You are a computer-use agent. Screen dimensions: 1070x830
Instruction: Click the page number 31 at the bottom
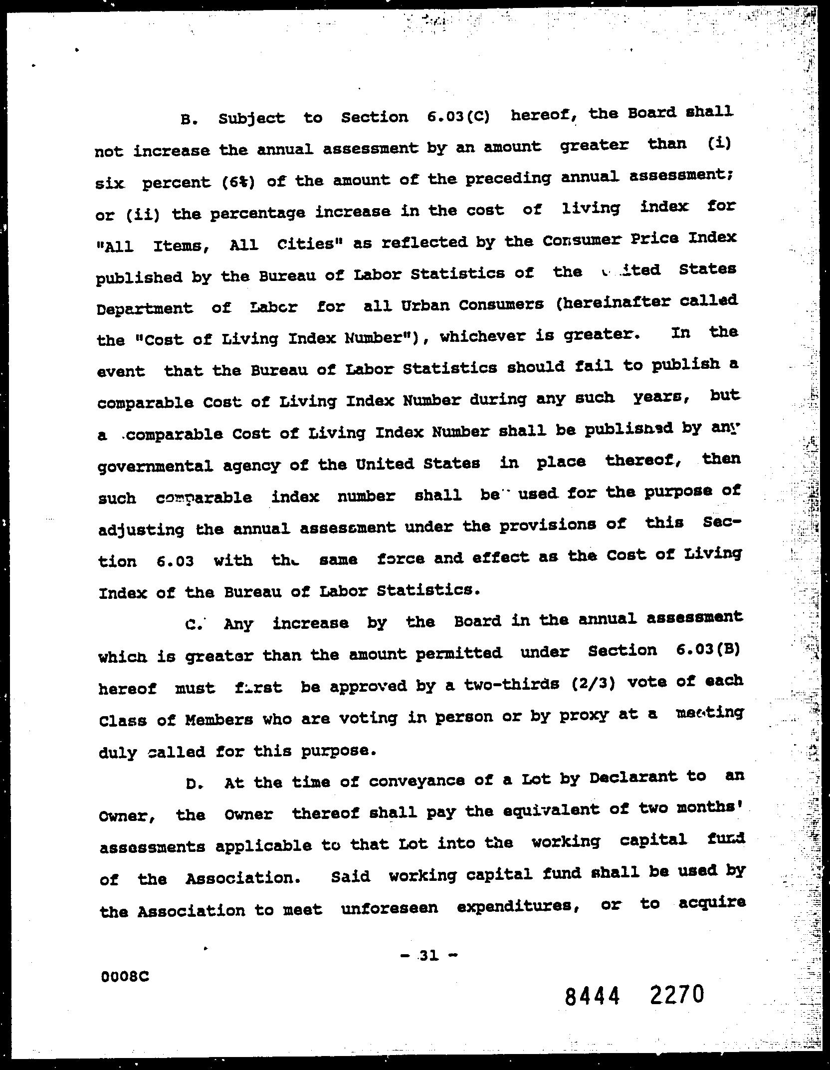tap(428, 955)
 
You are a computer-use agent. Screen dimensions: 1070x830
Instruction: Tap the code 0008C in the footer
tap(125, 976)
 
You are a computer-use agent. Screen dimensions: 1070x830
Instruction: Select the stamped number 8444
tap(593, 998)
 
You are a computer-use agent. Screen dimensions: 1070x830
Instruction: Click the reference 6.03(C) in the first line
tap(458, 116)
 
